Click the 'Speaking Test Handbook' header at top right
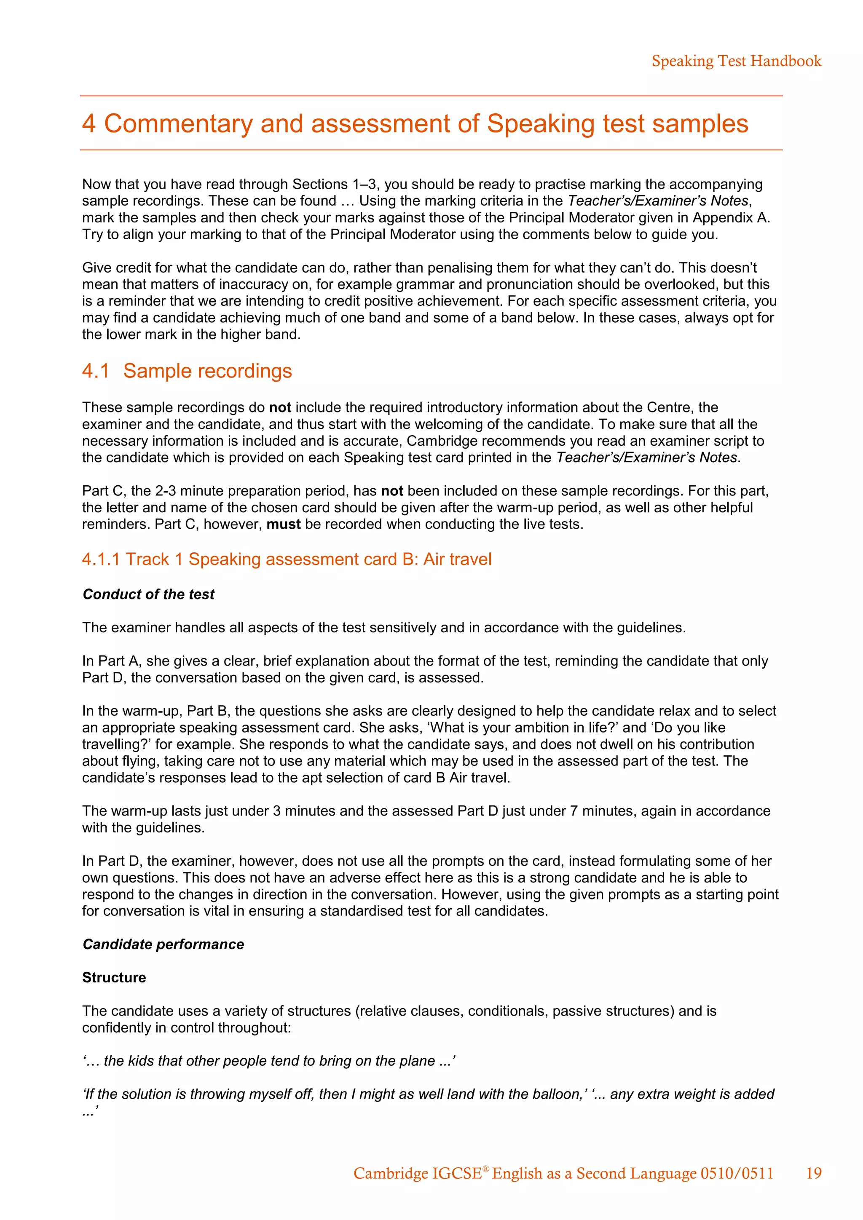[x=736, y=61]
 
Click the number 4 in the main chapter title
[x=89, y=124]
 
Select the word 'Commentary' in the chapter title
[x=177, y=124]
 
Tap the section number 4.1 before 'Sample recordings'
[x=96, y=371]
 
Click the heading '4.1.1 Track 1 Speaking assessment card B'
[x=287, y=559]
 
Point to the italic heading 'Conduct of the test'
[x=148, y=594]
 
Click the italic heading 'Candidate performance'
[x=163, y=944]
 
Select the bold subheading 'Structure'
[x=114, y=978]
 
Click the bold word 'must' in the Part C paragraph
[x=283, y=524]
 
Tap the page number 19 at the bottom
[x=814, y=1173]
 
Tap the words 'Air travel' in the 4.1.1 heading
[x=457, y=559]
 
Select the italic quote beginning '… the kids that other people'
[x=268, y=1061]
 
